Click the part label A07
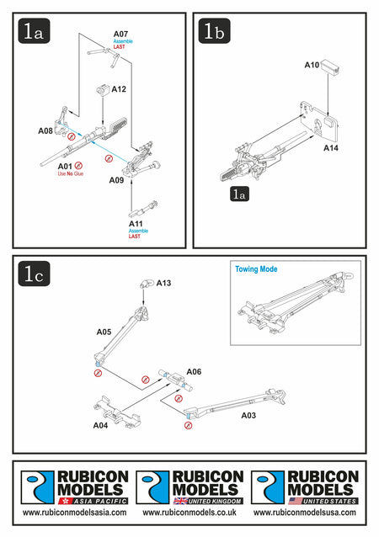point(120,34)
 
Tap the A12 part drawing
point(103,89)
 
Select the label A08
point(45,130)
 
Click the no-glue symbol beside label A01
point(78,166)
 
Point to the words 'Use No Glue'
point(71,173)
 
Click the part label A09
point(116,180)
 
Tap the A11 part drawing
point(143,209)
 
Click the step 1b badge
point(214,31)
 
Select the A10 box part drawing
point(330,66)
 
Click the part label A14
point(331,148)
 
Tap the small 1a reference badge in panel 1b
point(239,194)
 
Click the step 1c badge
point(34,274)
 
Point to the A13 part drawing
point(147,284)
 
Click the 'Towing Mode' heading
point(256,269)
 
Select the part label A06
point(194,371)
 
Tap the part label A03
point(248,416)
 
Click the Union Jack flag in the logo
point(180,501)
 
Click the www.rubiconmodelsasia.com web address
point(74,513)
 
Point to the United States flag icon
point(296,501)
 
